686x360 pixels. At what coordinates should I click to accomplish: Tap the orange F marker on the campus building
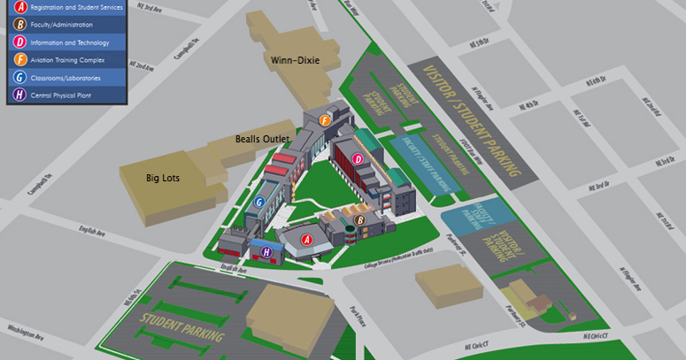[325, 120]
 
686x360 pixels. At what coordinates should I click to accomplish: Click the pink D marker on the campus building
[358, 159]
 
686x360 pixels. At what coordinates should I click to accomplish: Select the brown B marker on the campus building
[360, 220]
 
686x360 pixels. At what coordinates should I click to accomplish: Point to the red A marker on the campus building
[307, 239]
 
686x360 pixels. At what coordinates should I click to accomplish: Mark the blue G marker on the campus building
[258, 202]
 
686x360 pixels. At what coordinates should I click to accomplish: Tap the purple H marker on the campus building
[266, 252]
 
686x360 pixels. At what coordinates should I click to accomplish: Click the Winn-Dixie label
[295, 60]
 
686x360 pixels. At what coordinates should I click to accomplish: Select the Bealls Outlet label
[263, 139]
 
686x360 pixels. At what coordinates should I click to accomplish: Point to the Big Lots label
[163, 178]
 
